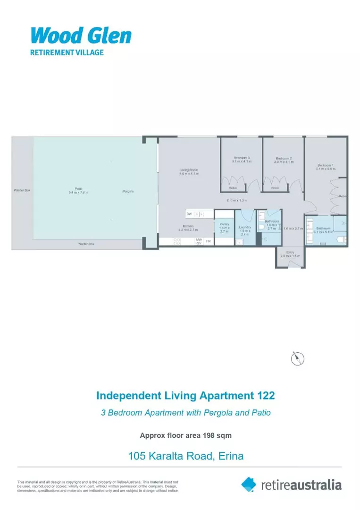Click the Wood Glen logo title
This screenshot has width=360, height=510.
pyautogui.click(x=81, y=35)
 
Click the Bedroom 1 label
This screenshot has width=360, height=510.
pyautogui.click(x=325, y=166)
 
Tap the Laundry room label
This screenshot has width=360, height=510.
pyautogui.click(x=244, y=227)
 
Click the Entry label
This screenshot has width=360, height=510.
pyautogui.click(x=290, y=253)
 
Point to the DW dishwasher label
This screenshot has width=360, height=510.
pyautogui.click(x=189, y=214)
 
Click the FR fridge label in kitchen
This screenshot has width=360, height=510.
pyautogui.click(x=208, y=241)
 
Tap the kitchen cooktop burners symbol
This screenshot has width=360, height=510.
pyautogui.click(x=177, y=241)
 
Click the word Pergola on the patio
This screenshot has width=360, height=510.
pyautogui.click(x=127, y=191)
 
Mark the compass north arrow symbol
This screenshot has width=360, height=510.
pyautogui.click(x=298, y=358)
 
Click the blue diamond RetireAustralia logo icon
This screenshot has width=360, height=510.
pyautogui.click(x=249, y=484)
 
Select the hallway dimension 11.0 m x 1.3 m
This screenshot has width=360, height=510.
pyautogui.click(x=237, y=201)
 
